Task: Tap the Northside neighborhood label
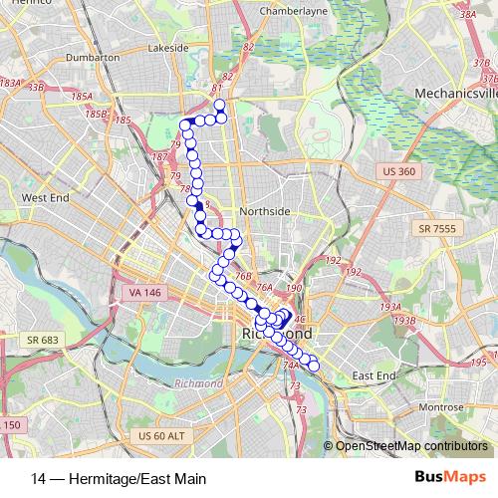pyautogui.click(x=265, y=211)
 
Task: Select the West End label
pyautogui.click(x=46, y=197)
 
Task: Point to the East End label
pyautogui.click(x=373, y=374)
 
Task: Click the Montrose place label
pyautogui.click(x=441, y=407)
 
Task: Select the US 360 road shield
pyautogui.click(x=397, y=171)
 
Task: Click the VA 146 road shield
pyautogui.click(x=145, y=292)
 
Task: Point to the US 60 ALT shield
pyautogui.click(x=160, y=436)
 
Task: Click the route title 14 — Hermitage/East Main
pyautogui.click(x=119, y=479)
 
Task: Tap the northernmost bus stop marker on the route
pyautogui.click(x=219, y=105)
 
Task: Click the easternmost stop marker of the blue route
pyautogui.click(x=314, y=366)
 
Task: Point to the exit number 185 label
pyautogui.click(x=124, y=120)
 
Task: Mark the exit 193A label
pyautogui.click(x=389, y=307)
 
